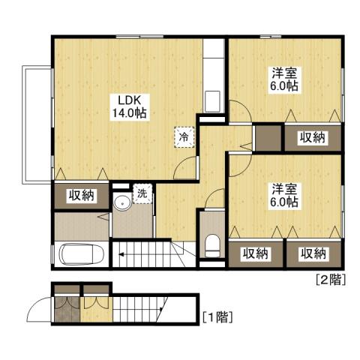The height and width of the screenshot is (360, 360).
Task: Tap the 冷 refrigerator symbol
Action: [x=183, y=137]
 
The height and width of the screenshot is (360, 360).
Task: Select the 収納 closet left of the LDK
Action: [x=81, y=196]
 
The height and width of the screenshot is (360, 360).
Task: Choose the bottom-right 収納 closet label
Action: [x=314, y=253]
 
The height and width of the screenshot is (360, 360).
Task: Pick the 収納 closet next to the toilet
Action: [x=255, y=253]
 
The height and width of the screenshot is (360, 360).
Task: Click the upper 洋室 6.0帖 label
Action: [x=283, y=80]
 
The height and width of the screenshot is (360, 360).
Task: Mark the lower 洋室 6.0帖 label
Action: [x=283, y=194]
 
